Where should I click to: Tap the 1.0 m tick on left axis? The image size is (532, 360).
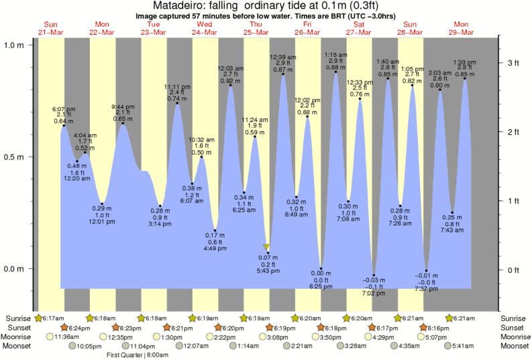click(x=15, y=45)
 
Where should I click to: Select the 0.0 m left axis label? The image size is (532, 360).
click(x=15, y=269)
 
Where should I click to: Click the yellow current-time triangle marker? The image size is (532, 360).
click(x=267, y=247)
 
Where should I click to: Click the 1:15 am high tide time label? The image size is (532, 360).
click(x=335, y=54)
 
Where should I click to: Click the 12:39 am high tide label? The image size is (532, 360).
click(x=282, y=57)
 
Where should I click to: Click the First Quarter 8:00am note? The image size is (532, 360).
click(x=138, y=355)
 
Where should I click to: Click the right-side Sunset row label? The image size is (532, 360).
click(x=516, y=327)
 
